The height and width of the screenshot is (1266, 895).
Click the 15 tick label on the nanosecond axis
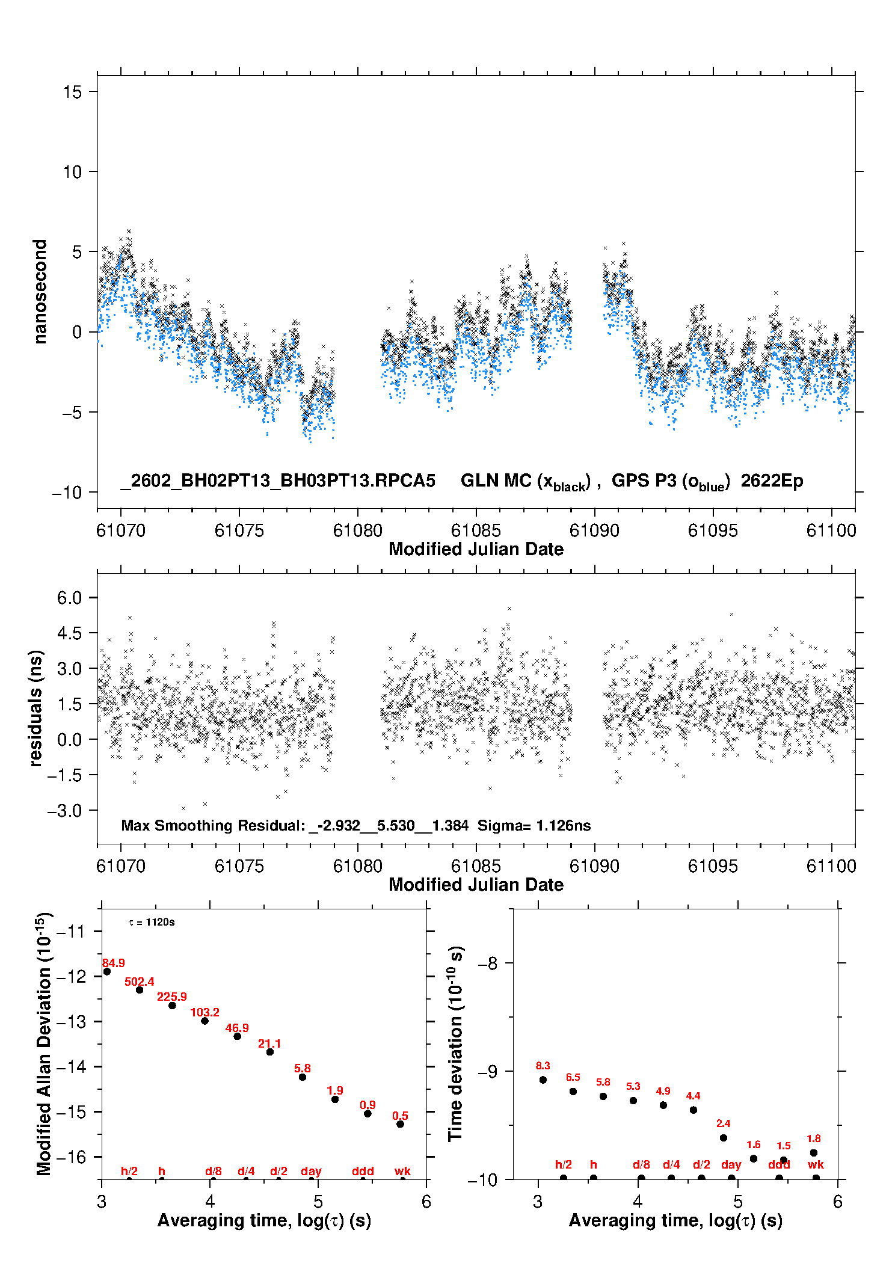tap(72, 92)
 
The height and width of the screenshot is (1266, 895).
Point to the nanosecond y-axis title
tap(40, 292)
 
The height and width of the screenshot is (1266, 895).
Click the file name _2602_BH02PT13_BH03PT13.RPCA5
tap(277, 481)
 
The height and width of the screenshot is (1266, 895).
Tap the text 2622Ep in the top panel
tap(772, 481)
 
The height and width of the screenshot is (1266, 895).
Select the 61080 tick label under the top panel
tap(358, 530)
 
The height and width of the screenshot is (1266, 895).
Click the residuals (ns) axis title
tap(36, 708)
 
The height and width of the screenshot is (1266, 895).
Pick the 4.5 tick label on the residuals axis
tap(69, 633)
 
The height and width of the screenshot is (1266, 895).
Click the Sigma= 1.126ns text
tap(534, 825)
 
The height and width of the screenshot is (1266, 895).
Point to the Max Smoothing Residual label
tap(214, 825)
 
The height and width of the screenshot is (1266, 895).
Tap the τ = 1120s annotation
tap(152, 922)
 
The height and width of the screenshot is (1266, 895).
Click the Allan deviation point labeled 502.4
tap(140, 989)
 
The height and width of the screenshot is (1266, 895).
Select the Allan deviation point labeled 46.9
tap(237, 1036)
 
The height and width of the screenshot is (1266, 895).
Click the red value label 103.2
tap(205, 1012)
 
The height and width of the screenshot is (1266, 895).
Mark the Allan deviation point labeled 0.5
tap(400, 1123)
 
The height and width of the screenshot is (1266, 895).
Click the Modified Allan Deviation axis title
tap(44, 1043)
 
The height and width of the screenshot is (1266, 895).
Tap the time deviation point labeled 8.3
tap(543, 1080)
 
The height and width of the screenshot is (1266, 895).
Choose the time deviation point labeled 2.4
tap(724, 1137)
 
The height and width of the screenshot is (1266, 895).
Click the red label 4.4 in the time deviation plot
tap(693, 1096)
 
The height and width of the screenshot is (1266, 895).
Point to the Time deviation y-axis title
tap(455, 1043)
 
